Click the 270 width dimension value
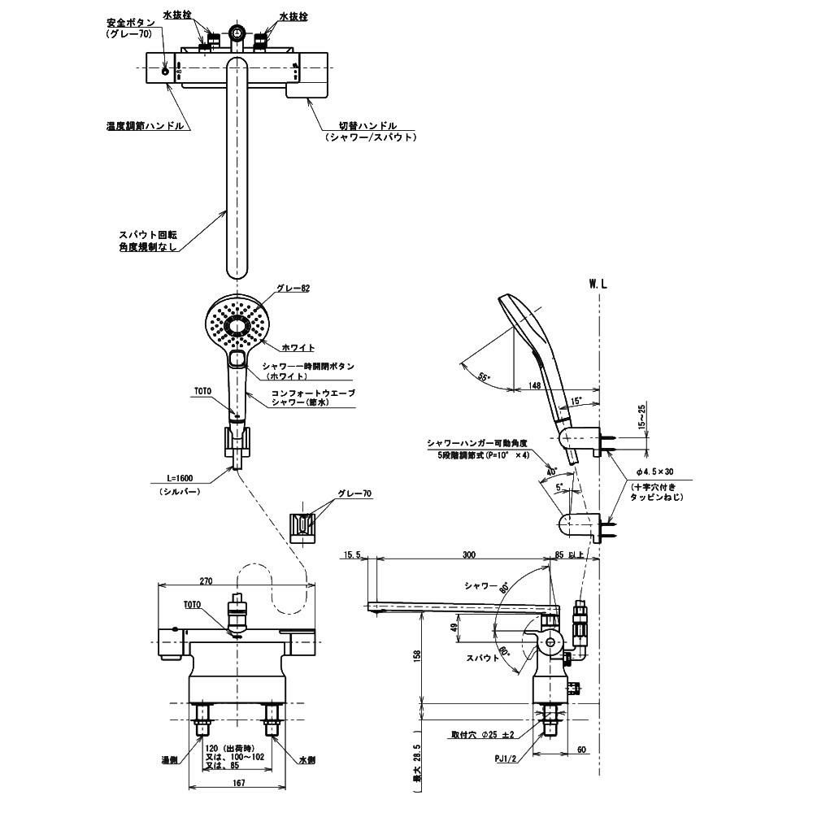point(206,581)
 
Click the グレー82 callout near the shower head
point(293,288)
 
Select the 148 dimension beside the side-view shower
point(533,385)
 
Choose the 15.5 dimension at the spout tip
point(354,554)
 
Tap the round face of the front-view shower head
point(237,328)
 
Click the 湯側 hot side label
point(169,760)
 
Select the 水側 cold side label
point(305,760)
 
